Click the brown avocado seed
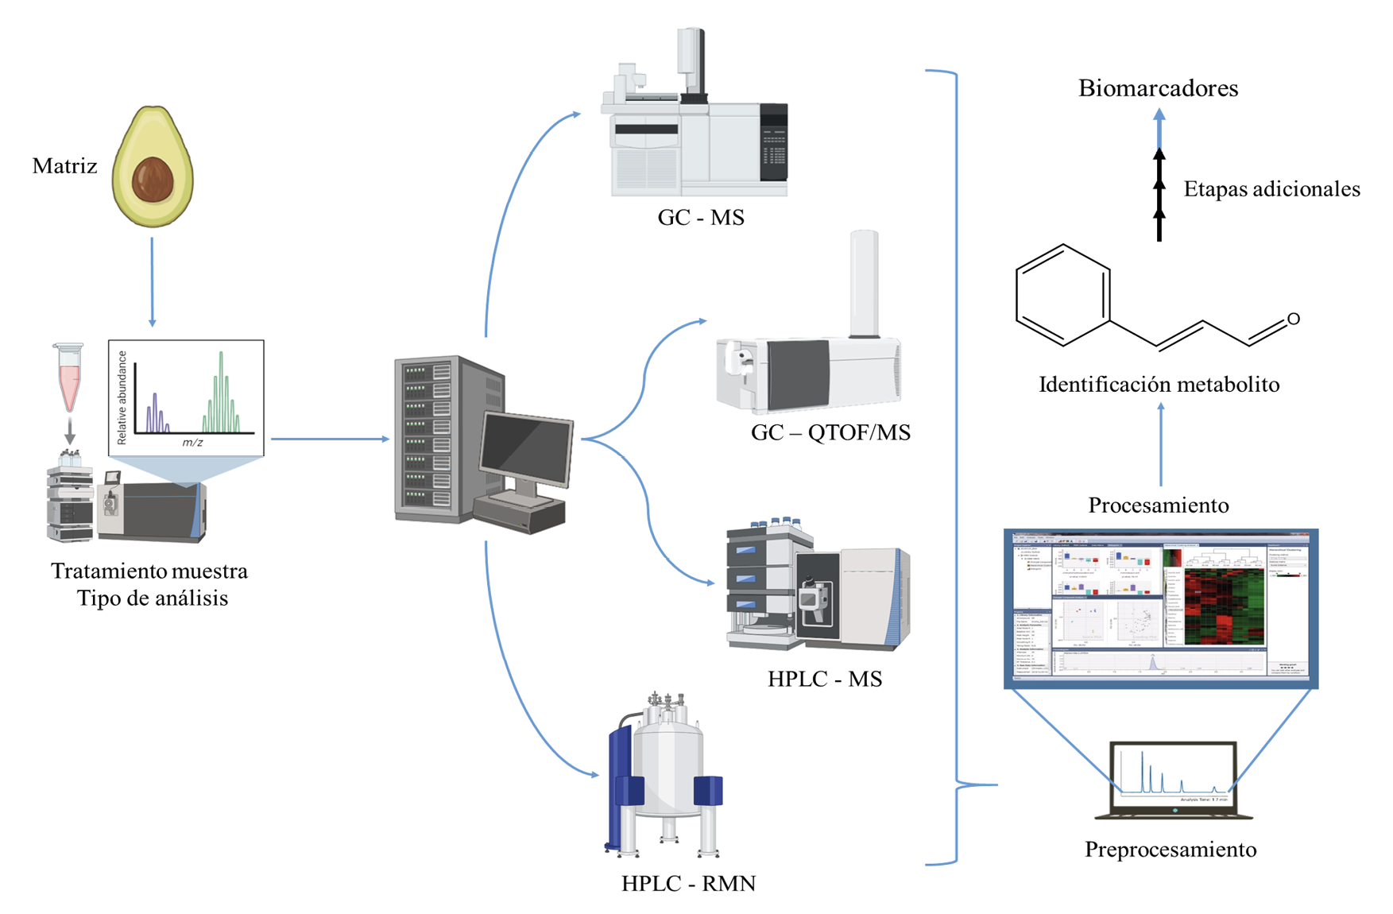point(153,180)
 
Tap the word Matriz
point(64,166)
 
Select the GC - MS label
point(701,218)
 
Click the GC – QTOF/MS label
point(830,432)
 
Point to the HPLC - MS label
point(825,679)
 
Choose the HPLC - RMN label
point(688,883)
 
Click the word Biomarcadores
point(1158,88)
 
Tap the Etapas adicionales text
point(1271,189)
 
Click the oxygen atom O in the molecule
point(1293,319)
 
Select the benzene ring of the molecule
point(1063,296)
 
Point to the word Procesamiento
point(1158,505)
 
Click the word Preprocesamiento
point(1171,850)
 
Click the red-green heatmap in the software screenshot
point(1224,608)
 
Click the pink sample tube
point(69,377)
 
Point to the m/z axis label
point(193,443)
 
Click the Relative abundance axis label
point(122,397)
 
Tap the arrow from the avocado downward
point(152,282)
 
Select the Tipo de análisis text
point(153,598)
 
